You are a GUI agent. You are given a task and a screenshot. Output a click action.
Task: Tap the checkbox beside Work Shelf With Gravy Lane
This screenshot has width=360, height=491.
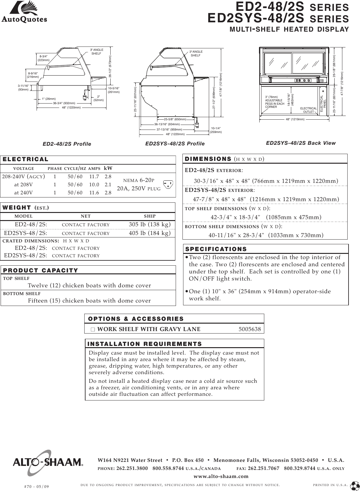[93, 330]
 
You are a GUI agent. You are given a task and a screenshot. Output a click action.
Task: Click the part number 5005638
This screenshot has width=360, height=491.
[250, 329]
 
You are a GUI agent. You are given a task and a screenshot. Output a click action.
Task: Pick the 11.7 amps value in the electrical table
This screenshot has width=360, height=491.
[94, 177]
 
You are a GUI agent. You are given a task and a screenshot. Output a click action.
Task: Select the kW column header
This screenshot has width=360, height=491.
[108, 168]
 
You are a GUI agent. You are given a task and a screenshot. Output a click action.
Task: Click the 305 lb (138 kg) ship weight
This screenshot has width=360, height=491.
[150, 224]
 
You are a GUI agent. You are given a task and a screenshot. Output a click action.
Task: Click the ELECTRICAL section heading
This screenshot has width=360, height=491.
[26, 159]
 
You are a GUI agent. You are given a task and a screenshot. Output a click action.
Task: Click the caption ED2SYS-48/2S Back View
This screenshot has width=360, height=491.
[301, 143]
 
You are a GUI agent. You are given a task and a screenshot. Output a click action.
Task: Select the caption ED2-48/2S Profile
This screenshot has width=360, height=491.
[67, 144]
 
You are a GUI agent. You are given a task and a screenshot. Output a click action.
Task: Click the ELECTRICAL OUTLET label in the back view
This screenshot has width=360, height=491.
[309, 110]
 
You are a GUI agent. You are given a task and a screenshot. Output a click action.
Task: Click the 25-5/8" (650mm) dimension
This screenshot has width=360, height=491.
[175, 119]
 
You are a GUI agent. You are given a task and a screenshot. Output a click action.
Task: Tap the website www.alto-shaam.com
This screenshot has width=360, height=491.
[221, 476]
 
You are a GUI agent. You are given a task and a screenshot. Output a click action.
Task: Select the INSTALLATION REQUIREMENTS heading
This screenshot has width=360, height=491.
[145, 344]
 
